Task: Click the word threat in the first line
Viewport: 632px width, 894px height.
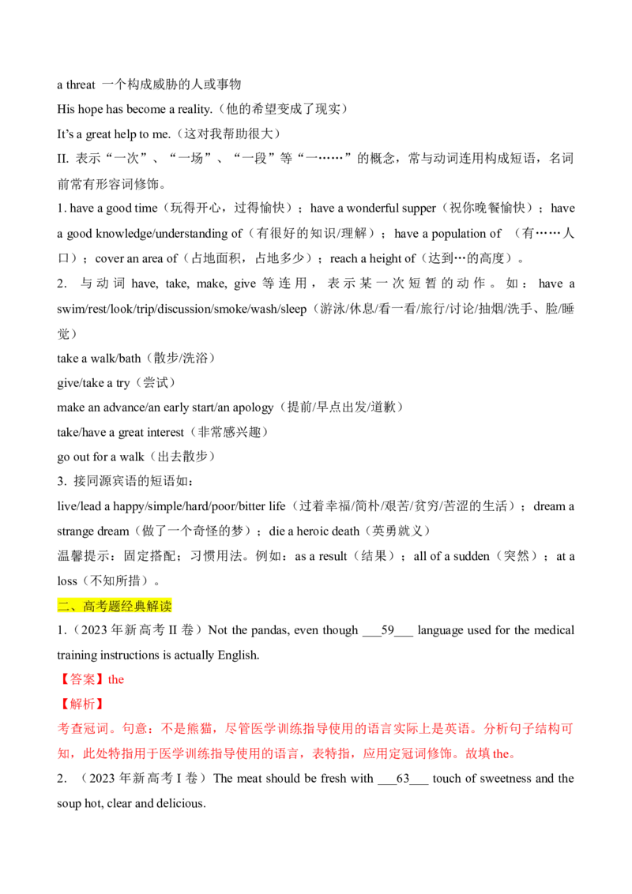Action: (x=81, y=85)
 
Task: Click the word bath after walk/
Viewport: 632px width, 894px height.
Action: (x=129, y=359)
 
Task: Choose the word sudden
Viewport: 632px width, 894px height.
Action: (x=470, y=557)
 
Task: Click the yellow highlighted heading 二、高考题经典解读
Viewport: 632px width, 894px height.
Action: (x=115, y=606)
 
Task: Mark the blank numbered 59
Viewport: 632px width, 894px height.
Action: (x=387, y=630)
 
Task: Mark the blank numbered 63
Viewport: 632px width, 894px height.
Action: (x=403, y=779)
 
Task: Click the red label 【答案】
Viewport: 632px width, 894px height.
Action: (x=81, y=680)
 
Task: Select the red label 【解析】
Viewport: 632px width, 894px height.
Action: (x=81, y=704)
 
